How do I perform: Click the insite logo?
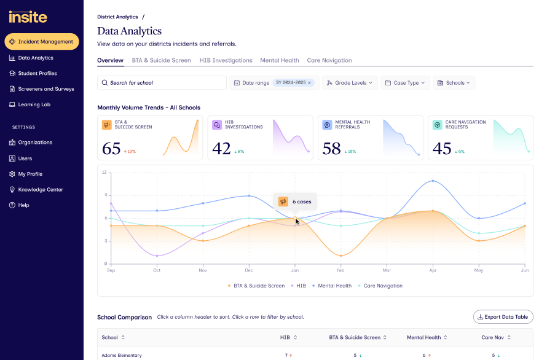coord(28,17)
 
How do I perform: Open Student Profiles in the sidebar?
coord(37,73)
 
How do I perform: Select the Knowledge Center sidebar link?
coord(41,189)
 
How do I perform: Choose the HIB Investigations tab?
coord(226,60)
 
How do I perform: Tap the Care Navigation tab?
coord(329,60)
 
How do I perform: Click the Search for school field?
coord(162,83)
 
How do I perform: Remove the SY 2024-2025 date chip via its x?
coord(309,83)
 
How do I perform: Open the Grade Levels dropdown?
coord(350,83)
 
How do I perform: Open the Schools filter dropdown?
coord(454,83)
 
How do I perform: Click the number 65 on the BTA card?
coord(111,149)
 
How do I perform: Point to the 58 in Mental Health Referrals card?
coord(331,149)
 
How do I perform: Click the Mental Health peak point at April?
coord(433,181)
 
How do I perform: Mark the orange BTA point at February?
coord(341,256)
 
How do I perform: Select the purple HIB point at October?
coord(157,256)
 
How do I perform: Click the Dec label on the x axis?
coord(249,270)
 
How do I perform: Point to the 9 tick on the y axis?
coord(106,195)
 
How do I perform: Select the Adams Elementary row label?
coord(122,356)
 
